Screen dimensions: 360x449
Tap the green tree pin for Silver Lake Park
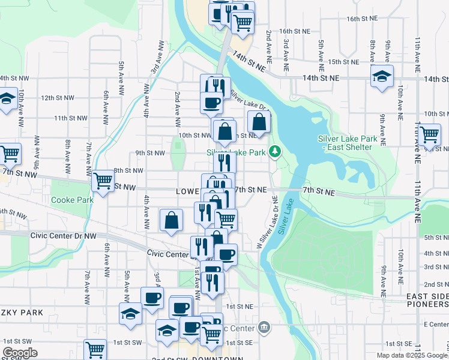tap(276, 152)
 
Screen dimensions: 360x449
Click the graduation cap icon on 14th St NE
tap(381, 77)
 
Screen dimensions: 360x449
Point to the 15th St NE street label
tap(343, 62)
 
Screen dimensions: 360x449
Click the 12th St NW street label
tap(57, 98)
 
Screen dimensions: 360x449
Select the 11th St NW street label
tap(70, 118)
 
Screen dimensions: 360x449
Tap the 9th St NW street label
tap(150, 153)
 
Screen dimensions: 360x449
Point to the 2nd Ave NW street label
tap(178, 109)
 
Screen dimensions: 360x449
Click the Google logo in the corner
tap(20, 353)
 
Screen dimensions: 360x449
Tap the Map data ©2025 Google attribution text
tap(412, 355)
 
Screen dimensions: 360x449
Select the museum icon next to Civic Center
tap(264, 327)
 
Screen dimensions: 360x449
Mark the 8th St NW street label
tap(128, 170)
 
